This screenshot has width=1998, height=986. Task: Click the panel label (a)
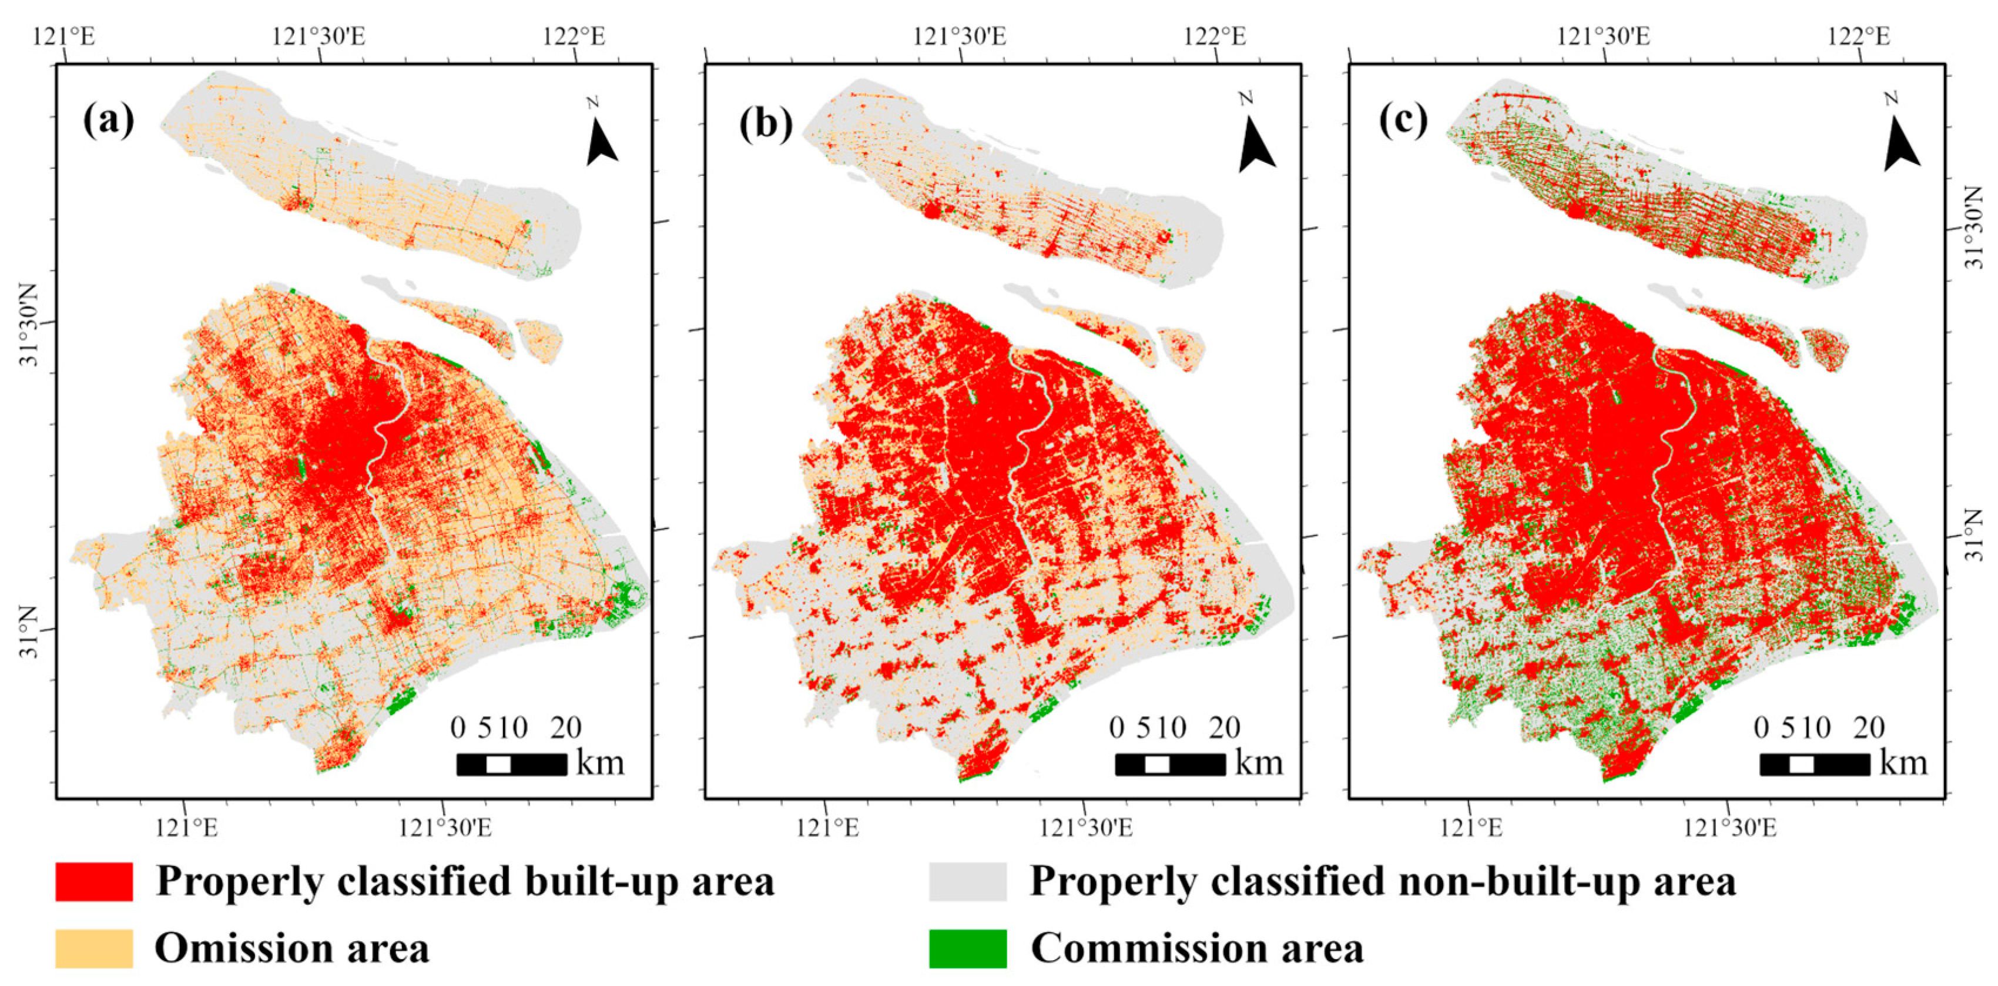pyautogui.click(x=109, y=121)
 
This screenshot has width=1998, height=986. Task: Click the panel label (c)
pyautogui.click(x=1403, y=121)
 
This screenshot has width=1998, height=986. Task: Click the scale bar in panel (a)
pyautogui.click(x=511, y=764)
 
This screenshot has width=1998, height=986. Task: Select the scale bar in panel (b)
pyautogui.click(x=1169, y=764)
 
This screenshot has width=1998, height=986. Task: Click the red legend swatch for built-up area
pyautogui.click(x=94, y=881)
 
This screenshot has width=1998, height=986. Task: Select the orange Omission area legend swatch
pyautogui.click(x=94, y=948)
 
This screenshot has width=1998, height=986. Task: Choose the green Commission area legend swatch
pyautogui.click(x=967, y=948)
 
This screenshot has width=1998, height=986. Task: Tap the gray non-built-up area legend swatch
pyautogui.click(x=967, y=881)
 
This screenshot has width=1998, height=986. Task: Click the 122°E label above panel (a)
pyautogui.click(x=574, y=36)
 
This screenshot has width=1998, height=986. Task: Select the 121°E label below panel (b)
pyautogui.click(x=827, y=828)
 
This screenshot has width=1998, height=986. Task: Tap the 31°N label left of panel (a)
pyautogui.click(x=28, y=631)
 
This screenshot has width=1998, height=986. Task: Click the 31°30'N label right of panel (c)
pyautogui.click(x=1974, y=228)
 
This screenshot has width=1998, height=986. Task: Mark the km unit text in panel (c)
pyautogui.click(x=1903, y=763)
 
